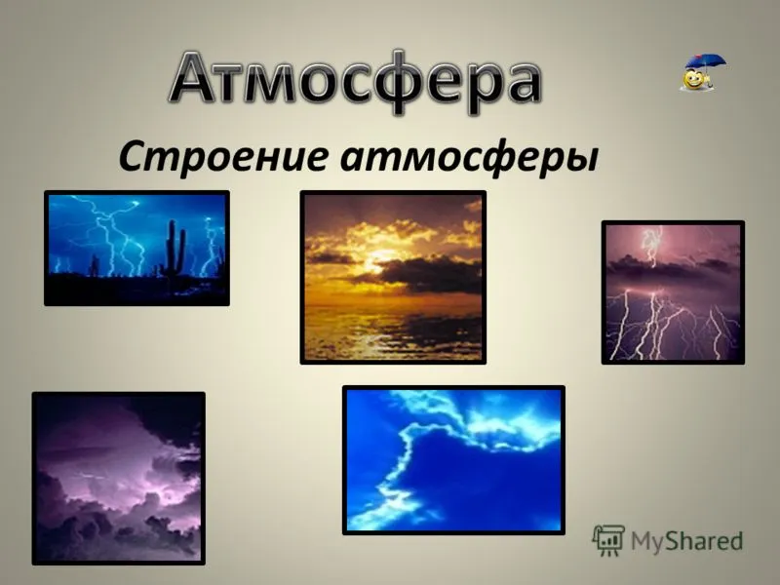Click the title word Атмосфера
click(355, 82)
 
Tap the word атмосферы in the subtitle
click(469, 159)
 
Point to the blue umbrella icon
click(706, 64)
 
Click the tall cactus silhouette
click(175, 249)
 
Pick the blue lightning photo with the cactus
click(136, 248)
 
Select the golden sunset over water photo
click(393, 277)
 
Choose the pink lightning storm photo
click(673, 292)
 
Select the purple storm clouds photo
click(118, 478)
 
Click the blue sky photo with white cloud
click(453, 460)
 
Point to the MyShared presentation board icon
click(608, 540)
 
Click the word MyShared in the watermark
click(687, 541)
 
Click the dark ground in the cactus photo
click(136, 290)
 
